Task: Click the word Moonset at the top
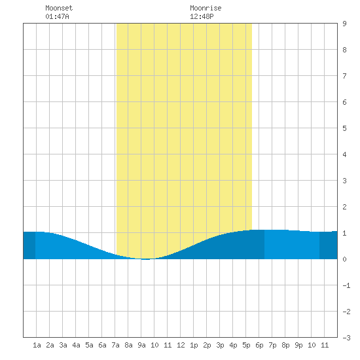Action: pos(59,8)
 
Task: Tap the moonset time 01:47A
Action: pos(57,16)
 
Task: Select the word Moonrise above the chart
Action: pos(206,8)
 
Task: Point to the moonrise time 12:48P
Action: pos(202,16)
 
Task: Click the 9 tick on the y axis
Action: pos(344,24)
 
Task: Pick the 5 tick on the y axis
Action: pos(344,128)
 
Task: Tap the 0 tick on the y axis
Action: pos(344,259)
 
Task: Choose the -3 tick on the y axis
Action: pos(347,338)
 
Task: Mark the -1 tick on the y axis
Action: pos(347,285)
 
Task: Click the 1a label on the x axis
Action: pos(37,345)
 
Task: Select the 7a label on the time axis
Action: pos(115,345)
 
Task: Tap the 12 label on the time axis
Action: pos(181,345)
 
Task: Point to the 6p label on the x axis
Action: pos(259,345)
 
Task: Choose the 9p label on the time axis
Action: pos(298,345)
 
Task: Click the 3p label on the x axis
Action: pos(220,345)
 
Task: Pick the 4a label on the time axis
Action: pos(76,345)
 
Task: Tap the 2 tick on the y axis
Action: pos(344,207)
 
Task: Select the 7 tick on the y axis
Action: pos(344,76)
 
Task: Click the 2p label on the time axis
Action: pos(207,345)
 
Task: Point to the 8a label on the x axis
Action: pos(128,345)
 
